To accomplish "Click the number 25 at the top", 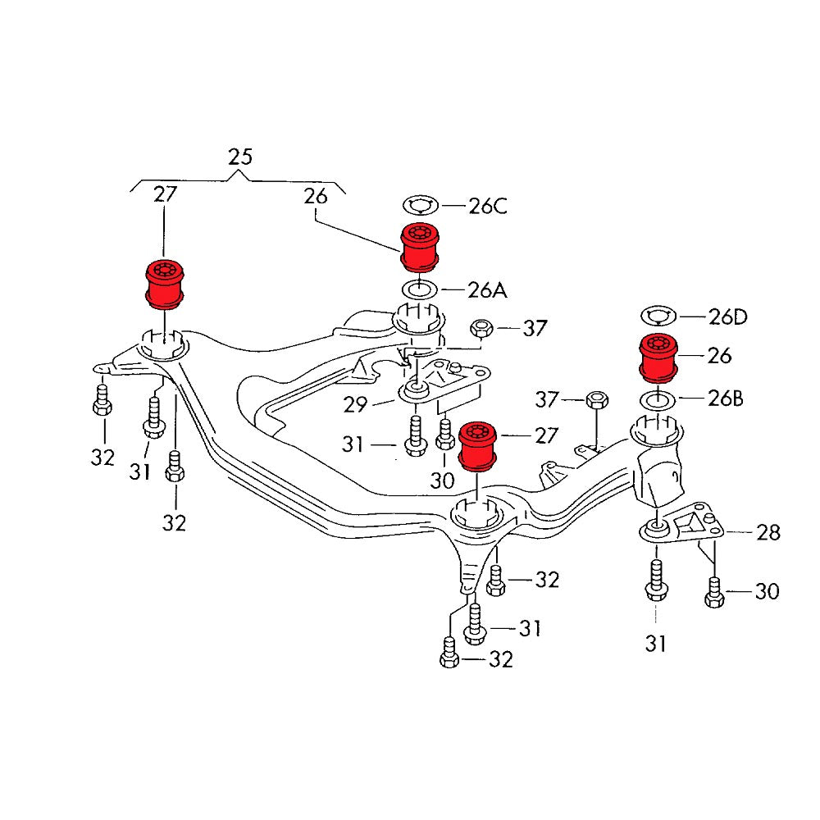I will click(240, 156).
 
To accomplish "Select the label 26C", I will click(488, 205).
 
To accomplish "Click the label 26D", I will click(729, 317).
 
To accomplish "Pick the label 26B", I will click(725, 399).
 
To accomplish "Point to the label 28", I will click(768, 533).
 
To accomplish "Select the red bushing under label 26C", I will click(420, 245).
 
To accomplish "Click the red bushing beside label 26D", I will click(660, 358).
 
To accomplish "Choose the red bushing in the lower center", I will click(478, 446).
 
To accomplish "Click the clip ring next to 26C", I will click(421, 205).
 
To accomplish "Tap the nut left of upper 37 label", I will click(481, 330).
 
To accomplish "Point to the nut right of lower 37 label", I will click(597, 401).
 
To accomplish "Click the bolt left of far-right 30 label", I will click(714, 591).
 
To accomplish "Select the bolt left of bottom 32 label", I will click(449, 654).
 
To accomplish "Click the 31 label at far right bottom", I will click(656, 645).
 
